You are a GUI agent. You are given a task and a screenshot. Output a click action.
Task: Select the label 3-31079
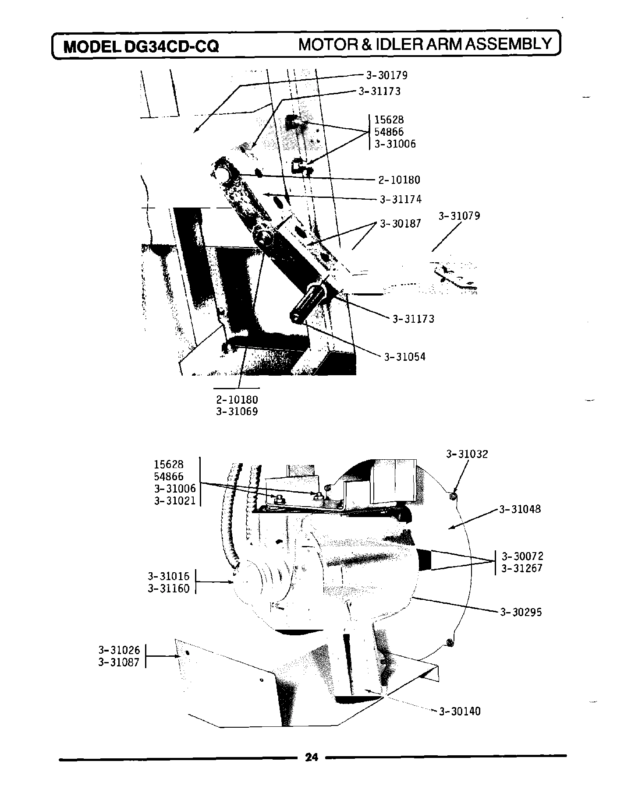(x=459, y=216)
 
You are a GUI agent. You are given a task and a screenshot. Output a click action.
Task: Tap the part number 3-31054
(x=404, y=357)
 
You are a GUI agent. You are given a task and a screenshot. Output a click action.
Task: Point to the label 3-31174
(x=401, y=200)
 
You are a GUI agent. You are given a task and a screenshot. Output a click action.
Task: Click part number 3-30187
(x=400, y=224)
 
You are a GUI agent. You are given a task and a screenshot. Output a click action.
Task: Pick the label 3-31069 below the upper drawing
(x=237, y=412)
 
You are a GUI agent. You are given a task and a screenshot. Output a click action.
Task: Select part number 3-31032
(x=467, y=454)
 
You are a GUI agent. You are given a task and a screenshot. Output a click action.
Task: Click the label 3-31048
(x=520, y=509)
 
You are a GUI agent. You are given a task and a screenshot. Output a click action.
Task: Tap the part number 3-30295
(x=521, y=612)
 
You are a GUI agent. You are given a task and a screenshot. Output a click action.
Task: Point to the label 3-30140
(x=460, y=711)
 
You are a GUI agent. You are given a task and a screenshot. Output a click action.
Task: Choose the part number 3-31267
(x=522, y=568)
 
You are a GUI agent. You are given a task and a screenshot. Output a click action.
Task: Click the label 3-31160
(x=168, y=588)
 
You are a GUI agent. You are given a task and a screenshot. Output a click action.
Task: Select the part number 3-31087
(x=119, y=662)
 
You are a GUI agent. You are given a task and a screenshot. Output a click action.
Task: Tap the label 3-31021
(x=174, y=500)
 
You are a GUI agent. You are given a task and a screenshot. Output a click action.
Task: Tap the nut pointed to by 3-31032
(x=453, y=495)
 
